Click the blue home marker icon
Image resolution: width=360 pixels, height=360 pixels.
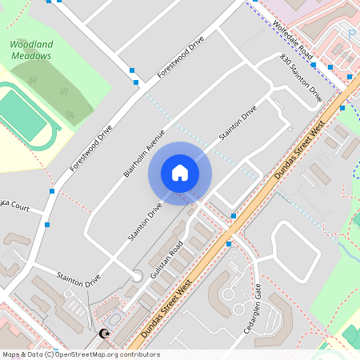pyautogui.click(x=179, y=173)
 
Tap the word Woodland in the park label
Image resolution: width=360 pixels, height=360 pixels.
pyautogui.click(x=31, y=45)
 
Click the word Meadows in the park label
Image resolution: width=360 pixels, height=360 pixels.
pyautogui.click(x=31, y=56)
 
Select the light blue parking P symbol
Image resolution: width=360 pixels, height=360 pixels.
pyautogui.click(x=351, y=33)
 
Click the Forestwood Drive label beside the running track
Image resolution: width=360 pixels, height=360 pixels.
pyautogui.click(x=91, y=149)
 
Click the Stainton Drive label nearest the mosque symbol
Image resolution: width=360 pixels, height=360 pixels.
pyautogui.click(x=78, y=279)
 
